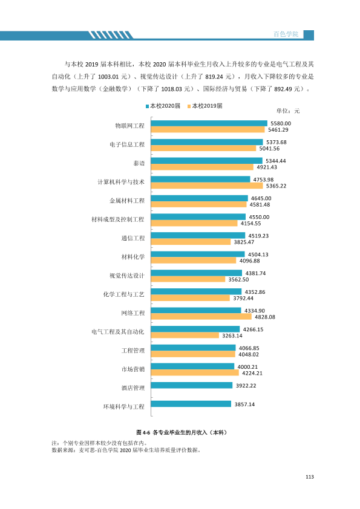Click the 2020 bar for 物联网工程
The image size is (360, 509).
point(209,123)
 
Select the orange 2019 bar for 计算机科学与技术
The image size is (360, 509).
point(207,186)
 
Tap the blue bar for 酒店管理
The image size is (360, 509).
point(192,385)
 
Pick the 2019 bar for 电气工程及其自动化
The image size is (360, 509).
point(185,336)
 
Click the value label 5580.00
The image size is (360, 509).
point(281,123)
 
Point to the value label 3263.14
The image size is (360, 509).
point(232,336)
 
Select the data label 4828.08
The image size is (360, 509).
point(265,317)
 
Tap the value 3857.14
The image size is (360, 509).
point(244,404)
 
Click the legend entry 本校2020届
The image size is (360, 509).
point(163,106)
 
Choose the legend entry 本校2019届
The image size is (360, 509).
point(205,106)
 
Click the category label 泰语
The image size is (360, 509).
point(139,163)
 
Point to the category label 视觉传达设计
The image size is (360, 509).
point(127,276)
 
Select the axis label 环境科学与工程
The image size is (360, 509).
point(124,407)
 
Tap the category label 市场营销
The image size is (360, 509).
point(133,369)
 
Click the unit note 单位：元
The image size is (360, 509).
point(288,111)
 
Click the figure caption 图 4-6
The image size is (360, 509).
point(143,432)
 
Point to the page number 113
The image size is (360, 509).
point(310,477)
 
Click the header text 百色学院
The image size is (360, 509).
point(286,34)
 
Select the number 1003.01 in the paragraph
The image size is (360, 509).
point(108,77)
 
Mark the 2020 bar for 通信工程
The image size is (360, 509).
point(198,236)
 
